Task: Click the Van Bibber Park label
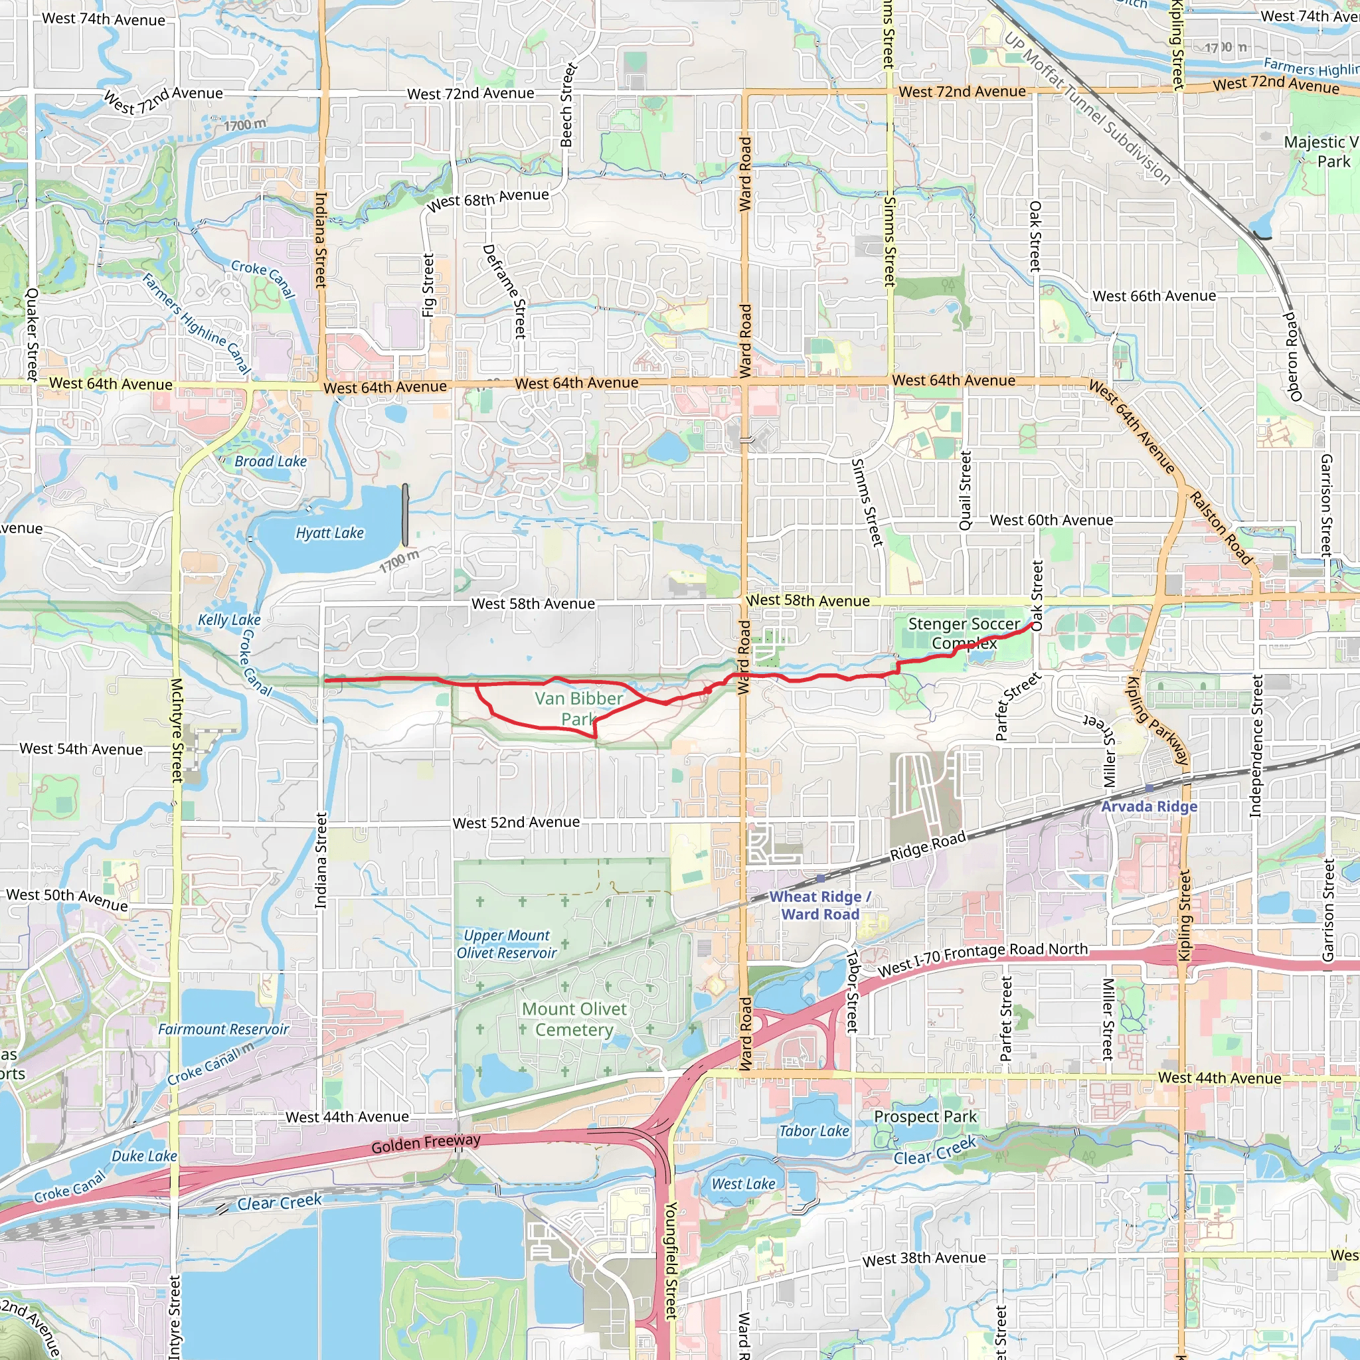(578, 708)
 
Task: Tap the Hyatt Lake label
(329, 533)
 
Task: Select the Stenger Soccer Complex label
(964, 633)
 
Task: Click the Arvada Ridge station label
(1149, 807)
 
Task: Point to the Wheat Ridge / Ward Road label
(820, 905)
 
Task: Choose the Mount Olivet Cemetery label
(574, 1019)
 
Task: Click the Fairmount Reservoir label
(223, 1029)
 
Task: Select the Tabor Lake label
(813, 1131)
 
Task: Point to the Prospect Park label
(925, 1116)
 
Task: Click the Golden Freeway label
(426, 1144)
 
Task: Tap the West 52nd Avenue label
(516, 822)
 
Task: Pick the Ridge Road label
(928, 846)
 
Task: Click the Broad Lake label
(270, 461)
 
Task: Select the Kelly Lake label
(229, 620)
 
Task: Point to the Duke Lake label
(144, 1156)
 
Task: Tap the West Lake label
(743, 1184)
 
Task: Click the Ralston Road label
(1221, 528)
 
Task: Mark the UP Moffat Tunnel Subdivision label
(1087, 108)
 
